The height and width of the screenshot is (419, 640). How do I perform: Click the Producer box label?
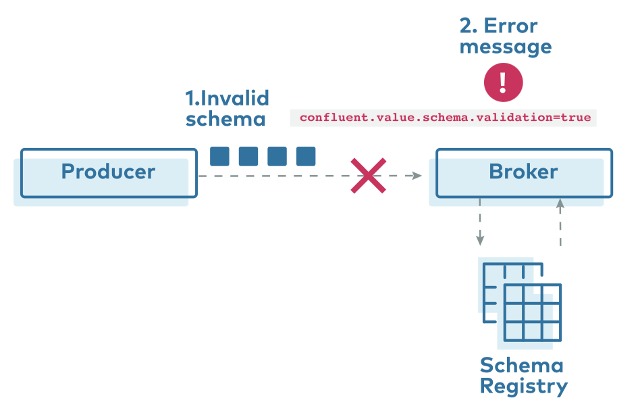pos(108,172)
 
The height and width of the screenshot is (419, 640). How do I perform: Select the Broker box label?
pos(523,172)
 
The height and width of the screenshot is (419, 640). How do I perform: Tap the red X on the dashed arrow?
pos(368,176)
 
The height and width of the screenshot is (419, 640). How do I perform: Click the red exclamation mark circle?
pos(503,82)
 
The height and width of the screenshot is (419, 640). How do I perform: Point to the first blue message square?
pos(219,156)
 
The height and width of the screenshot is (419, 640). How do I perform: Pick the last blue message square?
pos(306,156)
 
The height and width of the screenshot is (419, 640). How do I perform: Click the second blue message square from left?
pos(248,156)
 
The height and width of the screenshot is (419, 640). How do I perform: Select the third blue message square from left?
pos(277,156)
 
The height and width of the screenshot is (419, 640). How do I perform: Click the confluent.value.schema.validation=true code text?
pos(445,118)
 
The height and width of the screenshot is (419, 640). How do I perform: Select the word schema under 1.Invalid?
pos(225,119)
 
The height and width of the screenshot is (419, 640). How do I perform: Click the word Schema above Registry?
pos(521,366)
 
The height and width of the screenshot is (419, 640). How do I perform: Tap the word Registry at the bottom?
pos(523,387)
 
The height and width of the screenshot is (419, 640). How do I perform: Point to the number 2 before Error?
pos(466,26)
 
